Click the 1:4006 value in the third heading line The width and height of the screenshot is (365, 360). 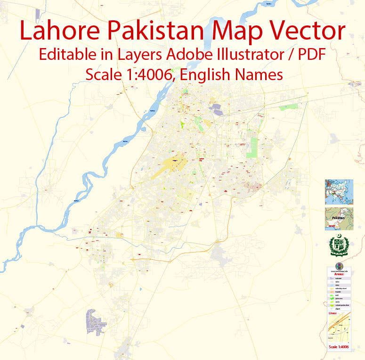tap(146, 74)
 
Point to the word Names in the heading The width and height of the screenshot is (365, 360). tap(261, 74)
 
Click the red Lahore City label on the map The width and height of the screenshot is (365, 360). tap(203, 159)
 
